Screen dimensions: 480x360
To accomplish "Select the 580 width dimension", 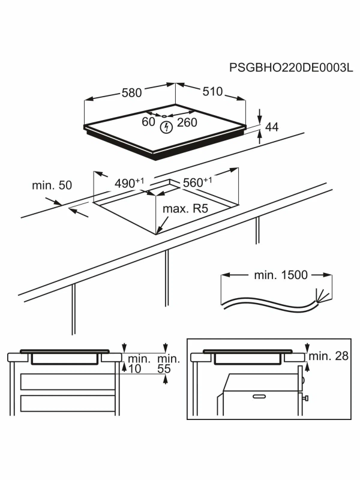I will point(131,93).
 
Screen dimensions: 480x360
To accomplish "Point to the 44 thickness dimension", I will point(272,127).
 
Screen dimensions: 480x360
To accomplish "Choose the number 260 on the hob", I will point(187,122).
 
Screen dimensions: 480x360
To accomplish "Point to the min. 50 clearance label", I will point(52,185).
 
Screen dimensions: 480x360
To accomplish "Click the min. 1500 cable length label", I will point(280,275).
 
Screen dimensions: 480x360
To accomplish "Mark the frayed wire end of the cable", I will point(323,296).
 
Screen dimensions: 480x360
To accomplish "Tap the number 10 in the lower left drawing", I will point(134,370).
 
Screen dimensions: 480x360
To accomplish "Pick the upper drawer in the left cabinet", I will point(67,382).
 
